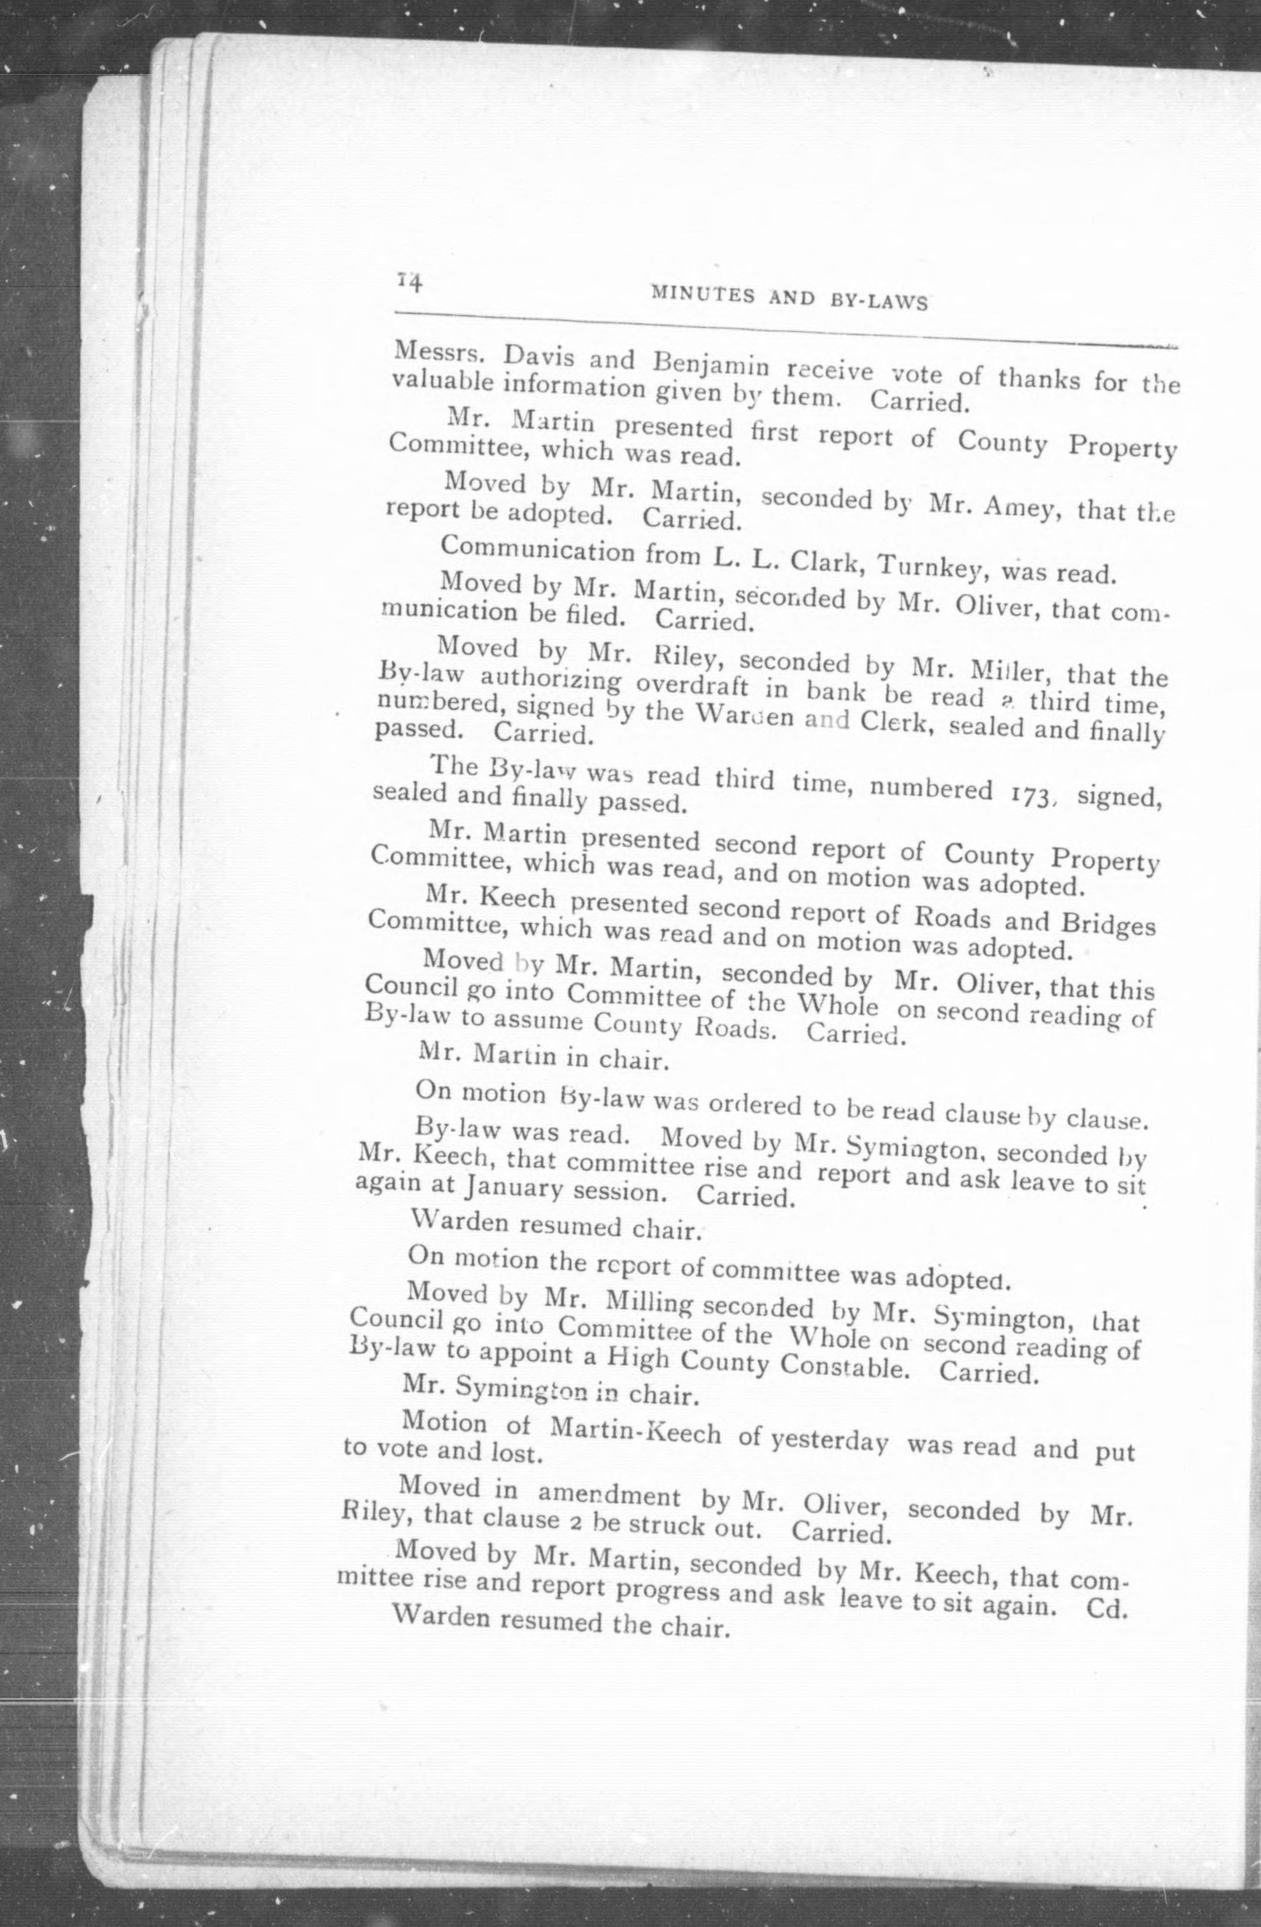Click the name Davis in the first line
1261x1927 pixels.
tap(537, 356)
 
